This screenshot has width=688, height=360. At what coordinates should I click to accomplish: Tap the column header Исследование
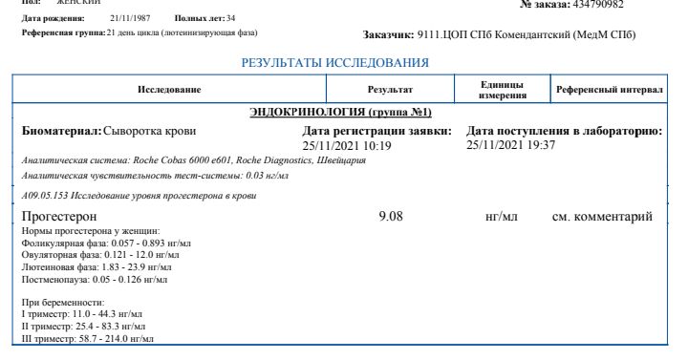169,89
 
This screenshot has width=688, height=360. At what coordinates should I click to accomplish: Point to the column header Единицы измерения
501,89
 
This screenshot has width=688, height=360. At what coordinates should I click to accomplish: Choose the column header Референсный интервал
610,89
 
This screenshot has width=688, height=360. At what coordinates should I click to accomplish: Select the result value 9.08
392,217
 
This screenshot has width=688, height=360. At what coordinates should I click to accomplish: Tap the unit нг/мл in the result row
502,218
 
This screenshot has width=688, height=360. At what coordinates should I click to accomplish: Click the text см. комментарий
603,218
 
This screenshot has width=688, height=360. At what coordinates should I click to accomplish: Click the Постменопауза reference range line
94,279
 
